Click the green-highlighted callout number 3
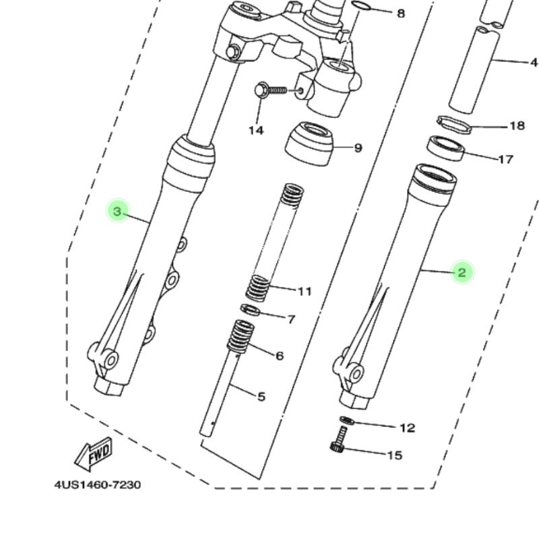117,212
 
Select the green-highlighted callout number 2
462,272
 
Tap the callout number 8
401,13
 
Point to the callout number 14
256,130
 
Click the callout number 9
358,148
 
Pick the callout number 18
517,126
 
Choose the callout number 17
506,159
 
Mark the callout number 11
305,292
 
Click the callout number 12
408,428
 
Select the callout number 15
395,455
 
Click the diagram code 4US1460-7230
98,485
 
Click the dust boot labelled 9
309,144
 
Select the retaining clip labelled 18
453,125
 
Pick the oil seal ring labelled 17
445,148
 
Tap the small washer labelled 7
250,310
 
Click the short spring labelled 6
241,336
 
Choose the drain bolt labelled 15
340,439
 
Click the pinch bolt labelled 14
272,91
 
